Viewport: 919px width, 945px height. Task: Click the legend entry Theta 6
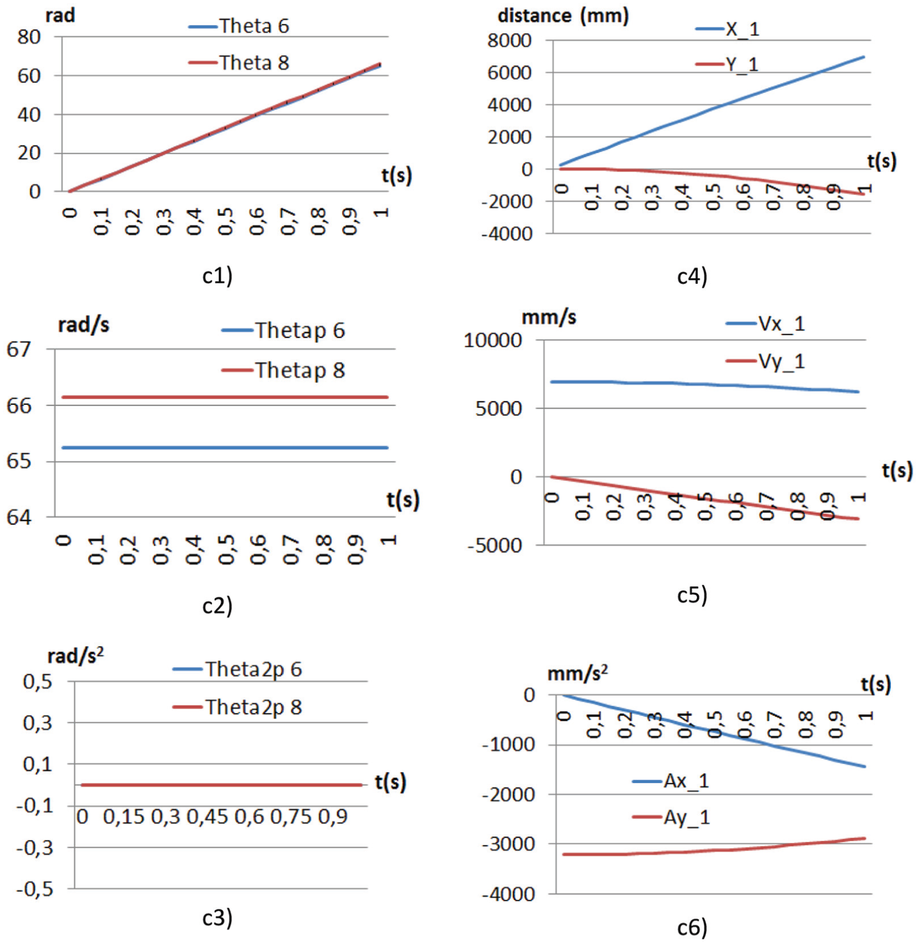(239, 26)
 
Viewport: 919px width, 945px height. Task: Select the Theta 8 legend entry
(239, 63)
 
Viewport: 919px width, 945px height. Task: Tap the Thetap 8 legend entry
(283, 370)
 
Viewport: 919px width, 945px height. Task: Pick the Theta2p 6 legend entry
(237, 670)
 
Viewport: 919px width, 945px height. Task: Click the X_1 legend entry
(727, 29)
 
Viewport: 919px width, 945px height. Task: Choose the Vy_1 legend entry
(765, 361)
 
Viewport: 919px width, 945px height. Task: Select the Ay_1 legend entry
(671, 817)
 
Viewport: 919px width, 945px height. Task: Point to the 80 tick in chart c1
(29, 37)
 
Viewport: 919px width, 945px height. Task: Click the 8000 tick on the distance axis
(510, 41)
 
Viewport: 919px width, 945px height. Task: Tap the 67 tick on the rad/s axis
(19, 349)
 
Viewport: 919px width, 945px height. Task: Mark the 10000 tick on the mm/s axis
(493, 340)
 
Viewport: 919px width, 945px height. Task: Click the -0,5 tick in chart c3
(35, 889)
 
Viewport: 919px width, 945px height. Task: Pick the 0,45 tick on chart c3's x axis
(207, 817)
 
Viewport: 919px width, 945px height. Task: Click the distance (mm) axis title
(563, 15)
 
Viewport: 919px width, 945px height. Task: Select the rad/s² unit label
(76, 655)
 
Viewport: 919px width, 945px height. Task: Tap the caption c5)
(692, 595)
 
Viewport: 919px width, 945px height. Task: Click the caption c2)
(218, 606)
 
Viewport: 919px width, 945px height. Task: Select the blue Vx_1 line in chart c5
(705, 385)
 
